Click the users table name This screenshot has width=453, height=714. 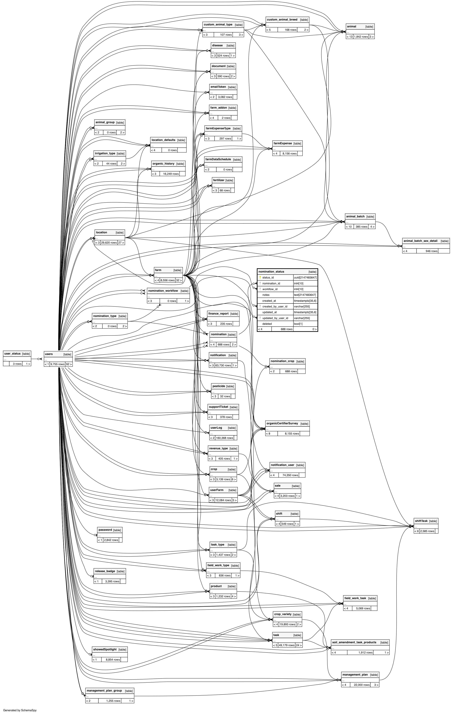click(49, 354)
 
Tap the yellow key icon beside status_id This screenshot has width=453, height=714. click(260, 277)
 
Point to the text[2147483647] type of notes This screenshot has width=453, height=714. click(305, 295)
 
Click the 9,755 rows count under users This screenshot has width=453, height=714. click(57, 364)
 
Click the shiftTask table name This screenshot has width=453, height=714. click(421, 521)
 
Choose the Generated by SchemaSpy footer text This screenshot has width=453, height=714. click(20, 710)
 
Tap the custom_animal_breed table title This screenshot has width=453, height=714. click(282, 20)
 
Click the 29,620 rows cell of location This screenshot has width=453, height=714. click(109, 243)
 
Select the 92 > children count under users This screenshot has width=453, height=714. click(69, 364)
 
